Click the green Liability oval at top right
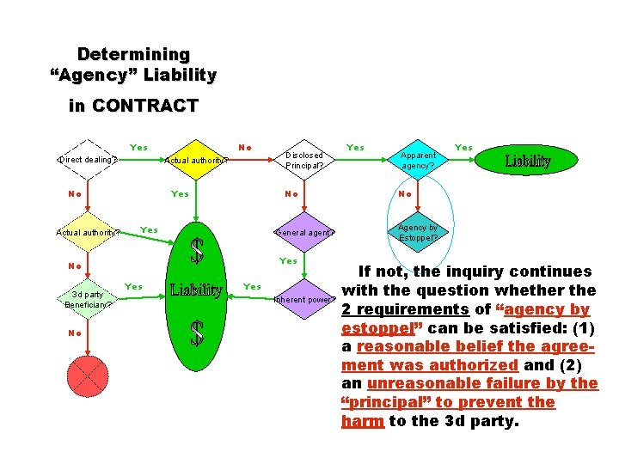point(527,161)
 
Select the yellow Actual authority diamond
point(196,159)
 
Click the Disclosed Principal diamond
point(305,160)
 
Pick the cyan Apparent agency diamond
point(418,160)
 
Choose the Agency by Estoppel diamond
point(418,232)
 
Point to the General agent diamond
point(304,232)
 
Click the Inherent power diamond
point(304,300)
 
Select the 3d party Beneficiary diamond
point(87,300)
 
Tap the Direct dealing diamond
point(87,159)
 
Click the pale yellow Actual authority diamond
point(87,232)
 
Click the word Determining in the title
point(133,55)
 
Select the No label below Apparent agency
point(407,194)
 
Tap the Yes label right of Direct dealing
point(138,148)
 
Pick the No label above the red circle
point(76,333)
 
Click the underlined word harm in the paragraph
point(356,421)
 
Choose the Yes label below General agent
point(288,260)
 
